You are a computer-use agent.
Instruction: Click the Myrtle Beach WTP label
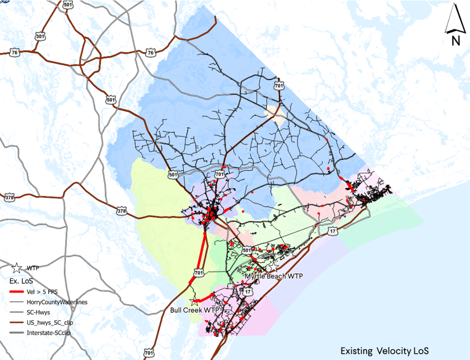coord(273,276)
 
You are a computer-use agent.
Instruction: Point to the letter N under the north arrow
coord(455,41)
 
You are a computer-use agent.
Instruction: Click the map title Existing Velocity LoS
coord(384,351)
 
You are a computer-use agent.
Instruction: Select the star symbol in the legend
coord(17,268)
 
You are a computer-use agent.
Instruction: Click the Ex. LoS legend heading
coord(20,281)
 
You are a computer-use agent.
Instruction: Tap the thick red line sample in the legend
coord(17,292)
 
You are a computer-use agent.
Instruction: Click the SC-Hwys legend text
coord(39,312)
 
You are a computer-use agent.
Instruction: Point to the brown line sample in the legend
coord(17,323)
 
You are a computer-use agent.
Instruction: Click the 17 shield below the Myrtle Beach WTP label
coord(248,291)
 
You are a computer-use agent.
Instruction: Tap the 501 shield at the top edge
coord(67,4)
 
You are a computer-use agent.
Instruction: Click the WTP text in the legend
coord(33,268)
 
